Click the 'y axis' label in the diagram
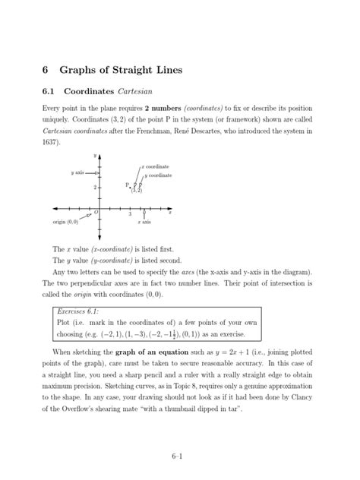coord(79,172)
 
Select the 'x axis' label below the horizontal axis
coord(144,223)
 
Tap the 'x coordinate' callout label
coord(155,166)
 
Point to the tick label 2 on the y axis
coord(95,187)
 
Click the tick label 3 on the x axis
coord(130,214)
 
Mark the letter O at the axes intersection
coord(95,213)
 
